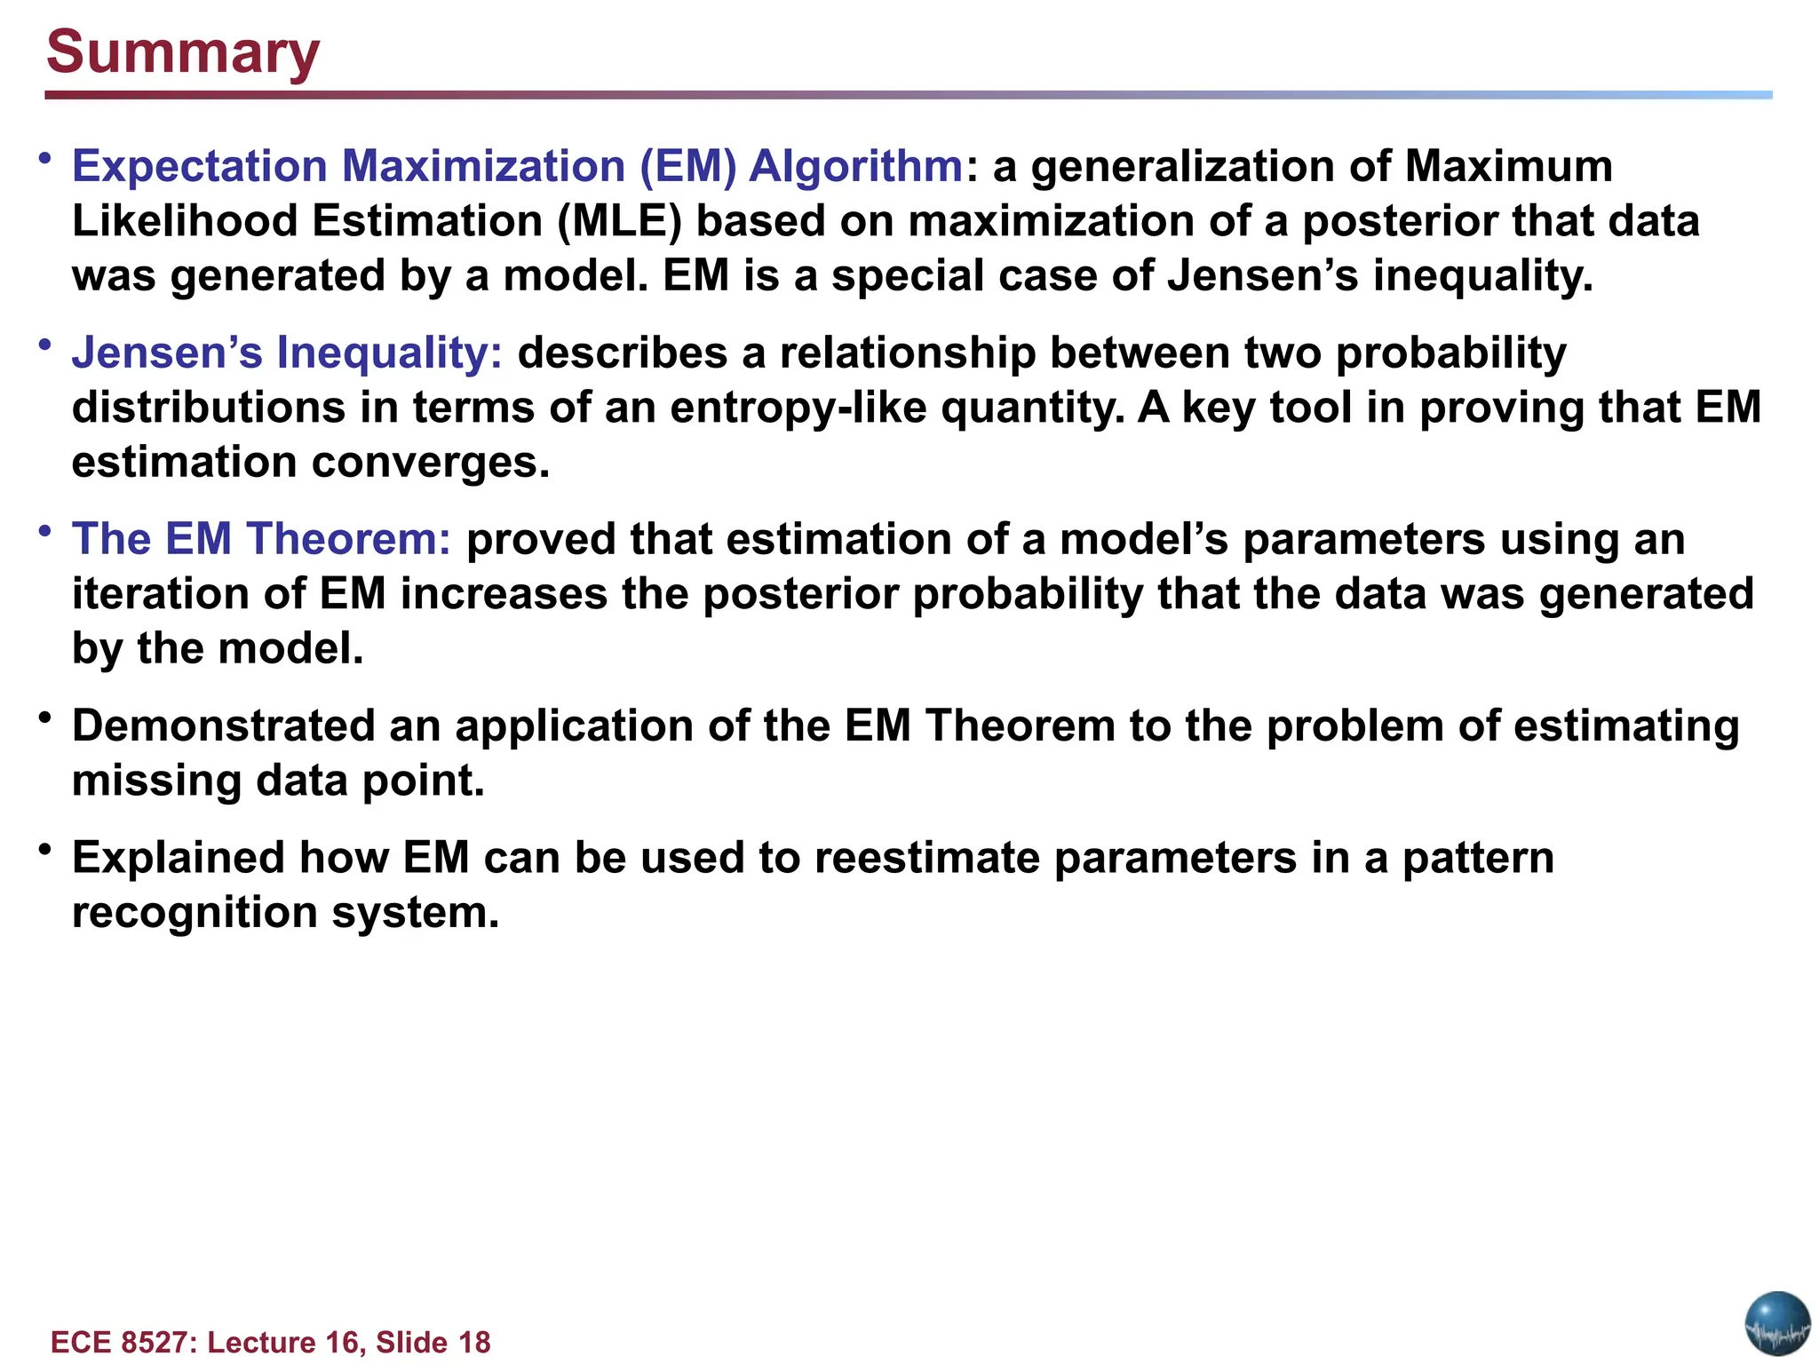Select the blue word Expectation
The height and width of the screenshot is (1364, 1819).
pos(200,167)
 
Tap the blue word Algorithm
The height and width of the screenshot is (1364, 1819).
pos(855,167)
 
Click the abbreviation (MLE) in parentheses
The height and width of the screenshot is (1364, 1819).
pos(619,221)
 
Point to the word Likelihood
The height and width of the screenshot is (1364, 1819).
pos(185,221)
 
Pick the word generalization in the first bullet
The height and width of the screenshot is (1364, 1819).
pos(1183,167)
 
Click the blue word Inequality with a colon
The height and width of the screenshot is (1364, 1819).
pos(390,353)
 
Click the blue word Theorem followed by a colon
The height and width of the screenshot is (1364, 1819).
pos(349,539)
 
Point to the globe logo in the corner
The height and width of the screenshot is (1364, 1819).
pos(1777,1323)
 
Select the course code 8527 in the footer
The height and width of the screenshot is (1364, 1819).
pos(152,1342)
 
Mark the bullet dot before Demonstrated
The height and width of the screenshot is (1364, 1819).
pos(44,717)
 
